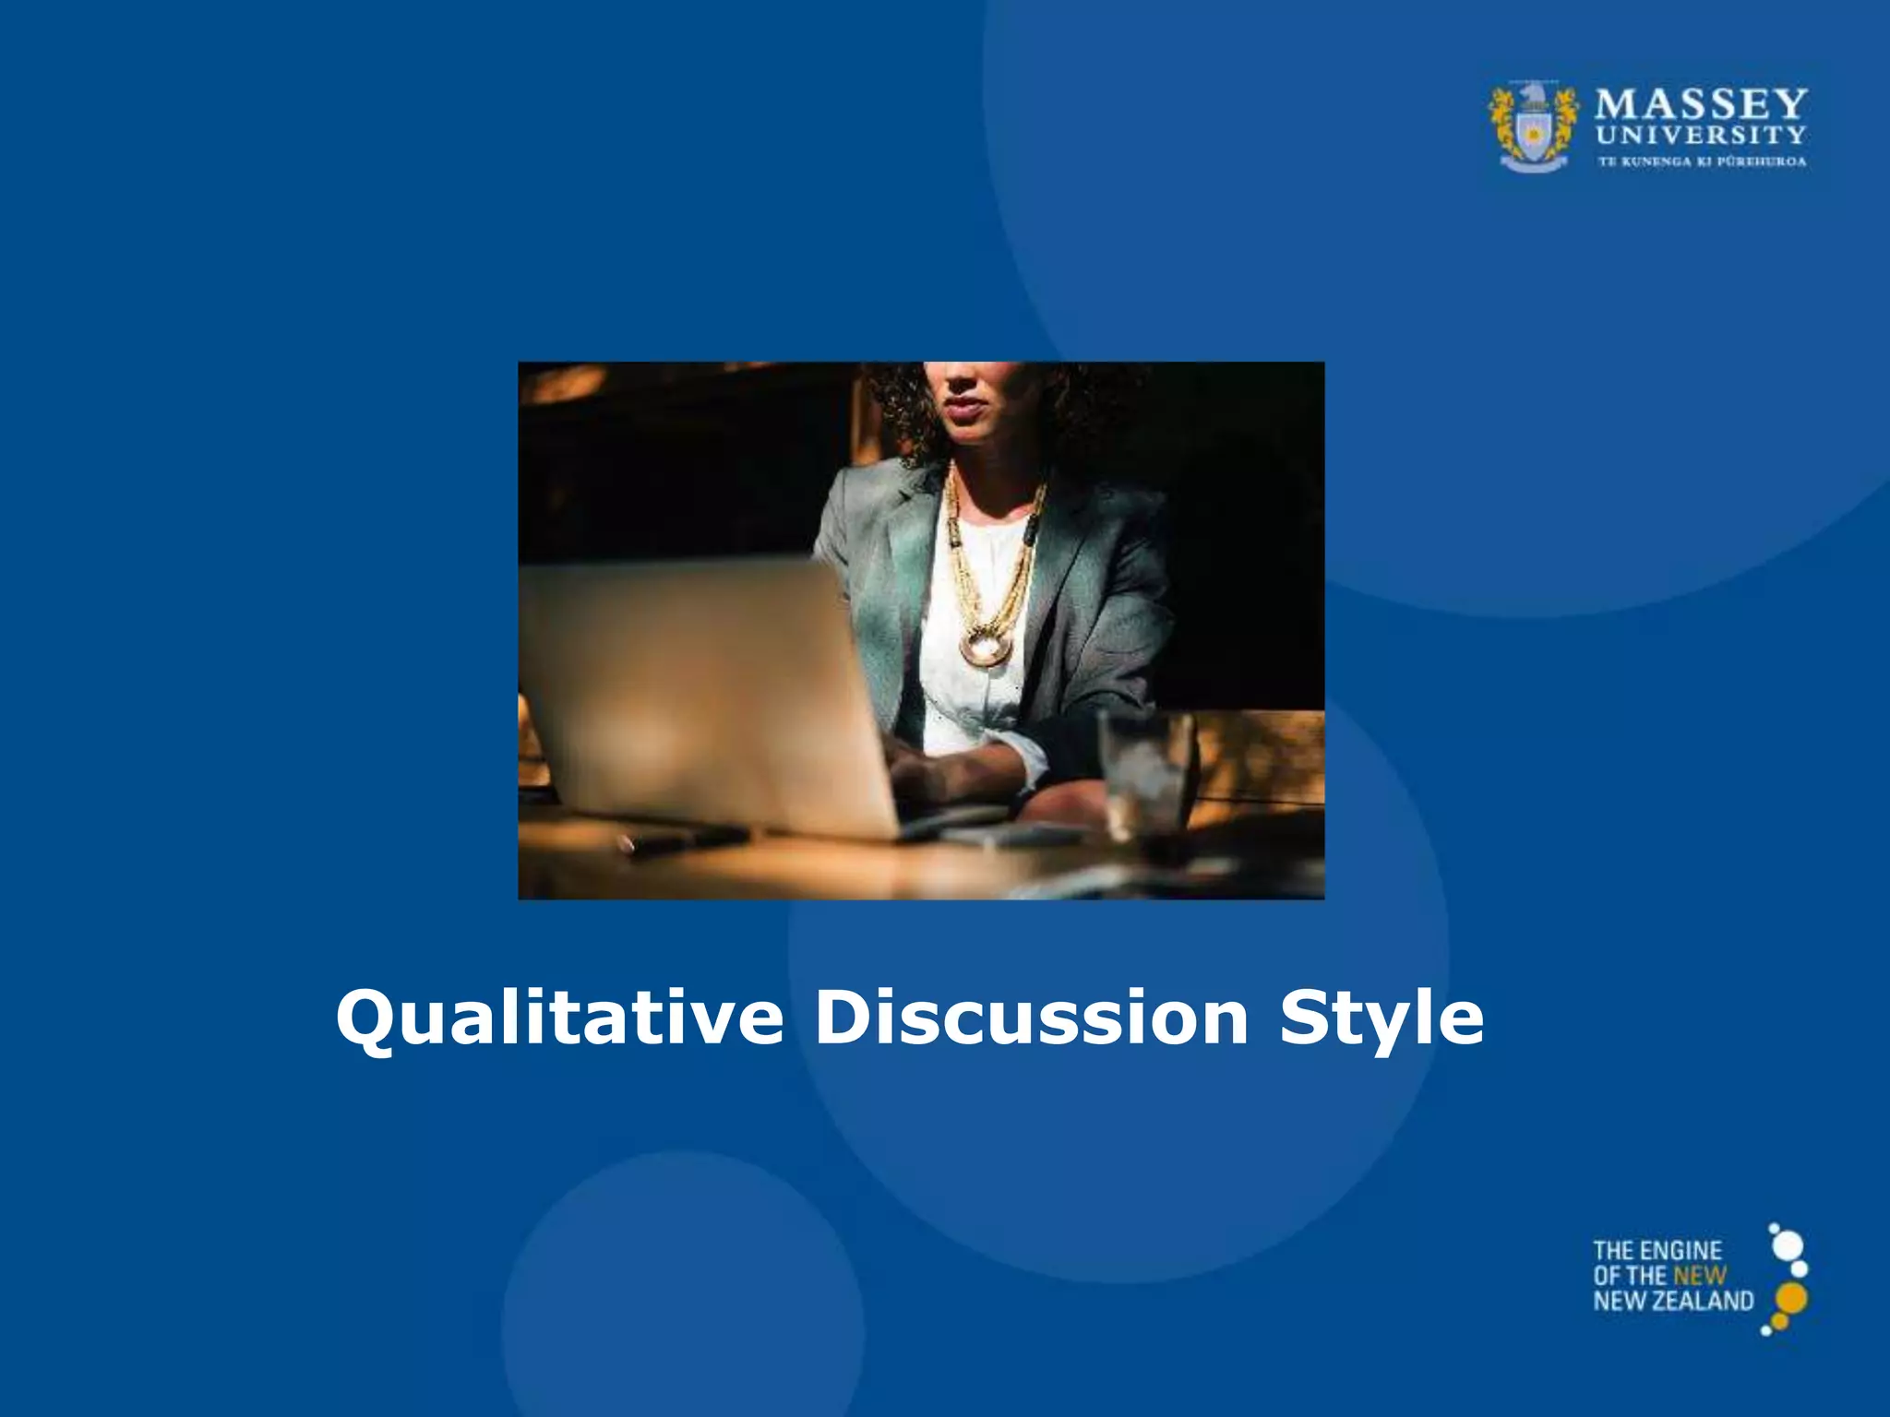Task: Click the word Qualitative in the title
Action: [x=559, y=1018]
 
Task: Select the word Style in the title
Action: [x=1382, y=1018]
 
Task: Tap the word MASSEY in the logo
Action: [x=1701, y=104]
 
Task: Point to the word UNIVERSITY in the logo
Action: [x=1701, y=135]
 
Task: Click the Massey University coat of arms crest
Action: [x=1533, y=127]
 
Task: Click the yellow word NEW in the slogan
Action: [x=1699, y=1276]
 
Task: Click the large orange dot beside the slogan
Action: [x=1791, y=1298]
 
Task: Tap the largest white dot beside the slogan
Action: [x=1788, y=1245]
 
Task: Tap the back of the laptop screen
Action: [x=701, y=692]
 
